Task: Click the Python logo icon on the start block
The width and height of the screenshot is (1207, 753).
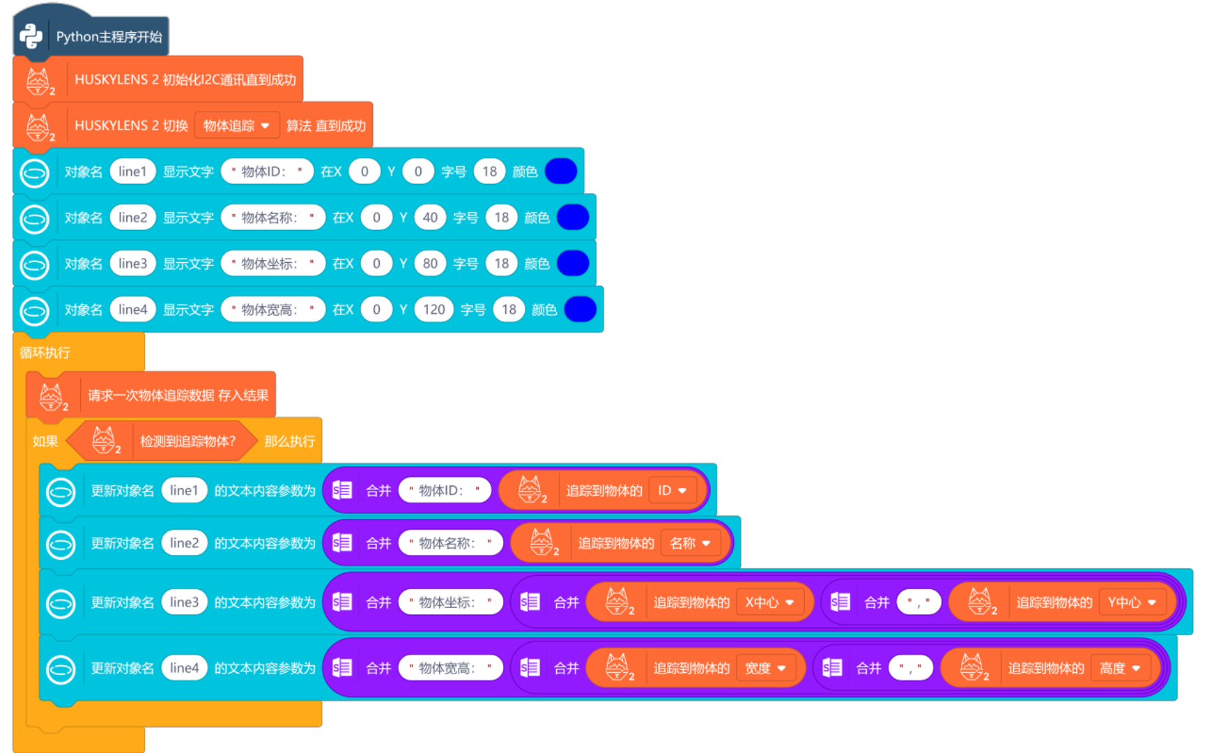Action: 31,36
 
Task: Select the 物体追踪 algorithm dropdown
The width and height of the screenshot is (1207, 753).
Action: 236,125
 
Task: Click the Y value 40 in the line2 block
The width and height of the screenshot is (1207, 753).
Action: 430,218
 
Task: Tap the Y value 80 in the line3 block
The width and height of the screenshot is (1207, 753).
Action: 430,264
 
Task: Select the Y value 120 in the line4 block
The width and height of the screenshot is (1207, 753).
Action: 433,310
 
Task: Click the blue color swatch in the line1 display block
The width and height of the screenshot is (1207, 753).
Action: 561,172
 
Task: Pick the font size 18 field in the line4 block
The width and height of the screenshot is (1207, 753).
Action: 509,310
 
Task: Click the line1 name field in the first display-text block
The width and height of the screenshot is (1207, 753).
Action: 132,172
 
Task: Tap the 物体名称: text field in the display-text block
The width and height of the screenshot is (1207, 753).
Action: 272,218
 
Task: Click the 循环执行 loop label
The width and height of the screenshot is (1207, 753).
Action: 45,353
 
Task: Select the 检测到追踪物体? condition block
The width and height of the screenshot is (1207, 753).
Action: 187,441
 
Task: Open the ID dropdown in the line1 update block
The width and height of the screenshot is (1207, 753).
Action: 672,491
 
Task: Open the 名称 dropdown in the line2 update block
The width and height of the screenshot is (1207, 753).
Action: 690,543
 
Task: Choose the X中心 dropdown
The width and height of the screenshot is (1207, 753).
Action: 769,602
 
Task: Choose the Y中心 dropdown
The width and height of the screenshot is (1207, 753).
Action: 1132,602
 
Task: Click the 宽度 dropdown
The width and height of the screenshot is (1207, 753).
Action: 765,669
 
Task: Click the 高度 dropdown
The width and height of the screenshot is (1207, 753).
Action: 1120,669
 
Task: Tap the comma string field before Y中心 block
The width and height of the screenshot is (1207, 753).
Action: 918,602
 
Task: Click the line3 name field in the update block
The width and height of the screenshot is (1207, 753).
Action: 184,602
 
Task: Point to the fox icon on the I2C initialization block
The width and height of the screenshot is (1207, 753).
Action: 38,80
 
